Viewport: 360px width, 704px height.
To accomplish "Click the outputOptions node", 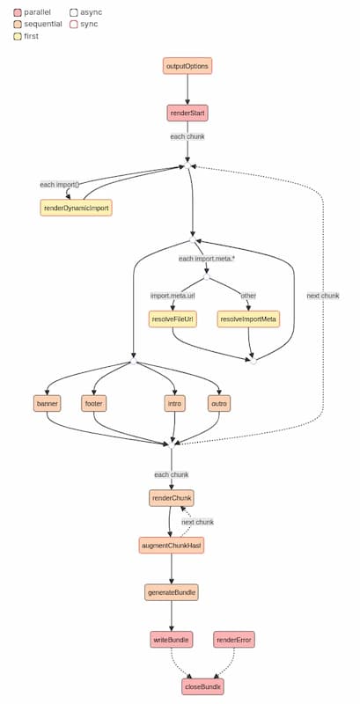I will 187,66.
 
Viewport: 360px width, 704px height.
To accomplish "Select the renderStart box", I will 187,113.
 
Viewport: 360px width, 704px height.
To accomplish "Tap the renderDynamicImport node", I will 77,208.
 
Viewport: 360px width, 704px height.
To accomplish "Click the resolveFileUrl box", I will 173,319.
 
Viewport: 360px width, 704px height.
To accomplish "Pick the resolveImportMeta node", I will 248,319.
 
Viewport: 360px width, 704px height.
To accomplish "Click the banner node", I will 47,404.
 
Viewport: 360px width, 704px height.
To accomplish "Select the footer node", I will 94,404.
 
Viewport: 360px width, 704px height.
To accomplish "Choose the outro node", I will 219,404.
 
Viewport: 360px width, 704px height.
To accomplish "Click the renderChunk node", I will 171,498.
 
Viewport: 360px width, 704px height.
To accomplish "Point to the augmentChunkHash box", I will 171,546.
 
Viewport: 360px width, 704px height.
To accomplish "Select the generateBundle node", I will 171,592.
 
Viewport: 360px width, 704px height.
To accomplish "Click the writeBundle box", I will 171,640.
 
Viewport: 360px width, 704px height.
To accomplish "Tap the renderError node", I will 234,640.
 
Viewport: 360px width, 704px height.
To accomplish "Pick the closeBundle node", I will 202,686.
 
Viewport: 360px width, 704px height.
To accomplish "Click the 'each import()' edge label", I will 60,184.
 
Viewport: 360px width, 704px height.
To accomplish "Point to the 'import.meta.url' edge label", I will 173,295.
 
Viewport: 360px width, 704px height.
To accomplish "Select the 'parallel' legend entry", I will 31,12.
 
